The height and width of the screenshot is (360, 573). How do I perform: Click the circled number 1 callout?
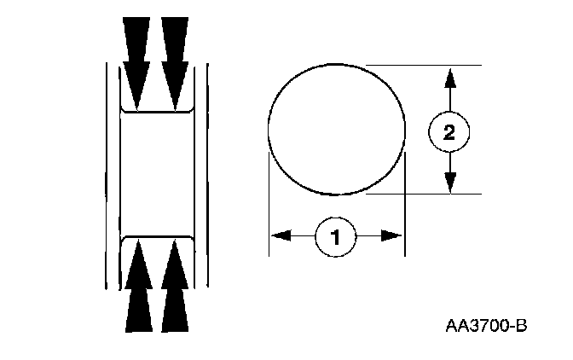pyautogui.click(x=336, y=235)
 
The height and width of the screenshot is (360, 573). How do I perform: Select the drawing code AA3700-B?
pyautogui.click(x=486, y=326)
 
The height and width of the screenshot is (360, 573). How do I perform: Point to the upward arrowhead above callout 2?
pyautogui.click(x=449, y=78)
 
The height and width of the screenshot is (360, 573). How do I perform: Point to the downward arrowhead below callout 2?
pyautogui.click(x=449, y=181)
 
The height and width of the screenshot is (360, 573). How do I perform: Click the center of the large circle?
pyautogui.click(x=336, y=129)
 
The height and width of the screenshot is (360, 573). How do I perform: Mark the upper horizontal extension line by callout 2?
pyautogui.click(x=426, y=65)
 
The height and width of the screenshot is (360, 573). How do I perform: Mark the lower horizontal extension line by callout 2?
pyautogui.click(x=426, y=194)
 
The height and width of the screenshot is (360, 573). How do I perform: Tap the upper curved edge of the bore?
pyautogui.click(x=156, y=111)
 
